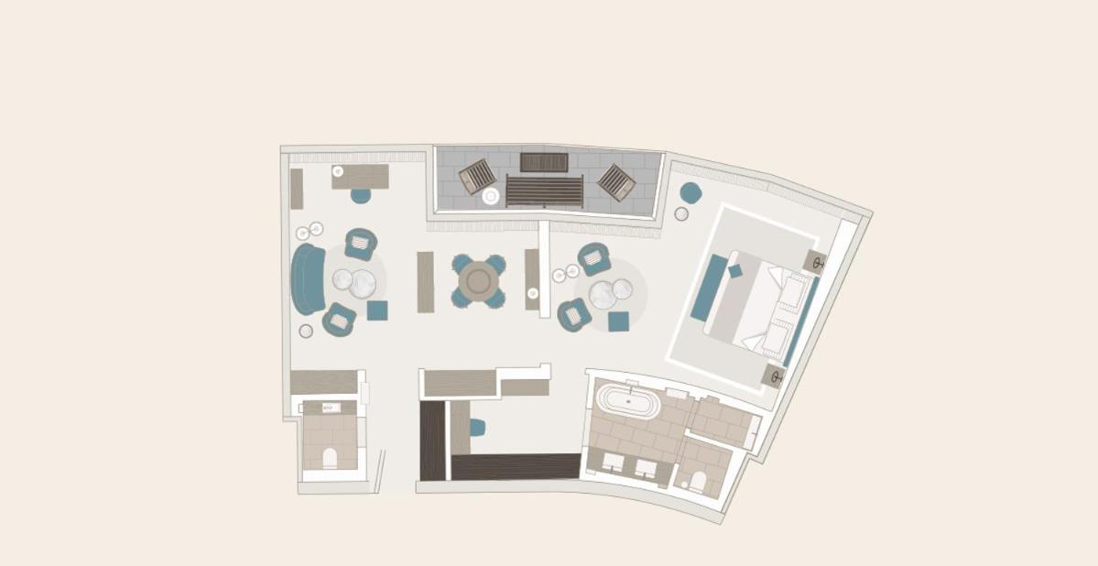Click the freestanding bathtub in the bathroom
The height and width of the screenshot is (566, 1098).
pyautogui.click(x=627, y=400)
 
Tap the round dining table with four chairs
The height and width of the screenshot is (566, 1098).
pyautogui.click(x=478, y=280)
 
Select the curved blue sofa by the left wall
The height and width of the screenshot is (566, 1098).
pyautogui.click(x=309, y=278)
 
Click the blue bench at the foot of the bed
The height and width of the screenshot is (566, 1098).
pyautogui.click(x=709, y=288)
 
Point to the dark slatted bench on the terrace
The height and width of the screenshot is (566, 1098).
pyautogui.click(x=544, y=190)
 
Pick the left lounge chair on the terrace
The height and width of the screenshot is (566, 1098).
pyautogui.click(x=476, y=176)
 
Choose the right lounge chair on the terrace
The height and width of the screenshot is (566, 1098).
pyautogui.click(x=616, y=182)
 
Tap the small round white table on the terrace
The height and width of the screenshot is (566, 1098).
pyautogui.click(x=491, y=196)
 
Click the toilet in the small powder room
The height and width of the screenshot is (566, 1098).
pyautogui.click(x=330, y=457)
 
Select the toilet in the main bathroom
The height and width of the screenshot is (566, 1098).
pyautogui.click(x=696, y=480)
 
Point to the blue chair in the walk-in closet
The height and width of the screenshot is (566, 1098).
pyautogui.click(x=477, y=428)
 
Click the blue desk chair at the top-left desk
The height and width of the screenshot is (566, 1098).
pyautogui.click(x=361, y=195)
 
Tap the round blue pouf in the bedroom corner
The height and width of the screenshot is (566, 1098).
pyautogui.click(x=690, y=192)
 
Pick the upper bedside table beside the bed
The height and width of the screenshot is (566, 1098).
pyautogui.click(x=815, y=262)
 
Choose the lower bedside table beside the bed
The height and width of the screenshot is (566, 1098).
pyautogui.click(x=773, y=376)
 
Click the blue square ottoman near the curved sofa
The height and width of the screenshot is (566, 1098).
pyautogui.click(x=377, y=310)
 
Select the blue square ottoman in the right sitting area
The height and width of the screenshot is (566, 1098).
pyautogui.click(x=618, y=321)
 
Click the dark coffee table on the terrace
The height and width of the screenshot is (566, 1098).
pyautogui.click(x=544, y=162)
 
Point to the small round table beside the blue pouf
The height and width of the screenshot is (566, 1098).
pyautogui.click(x=681, y=214)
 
